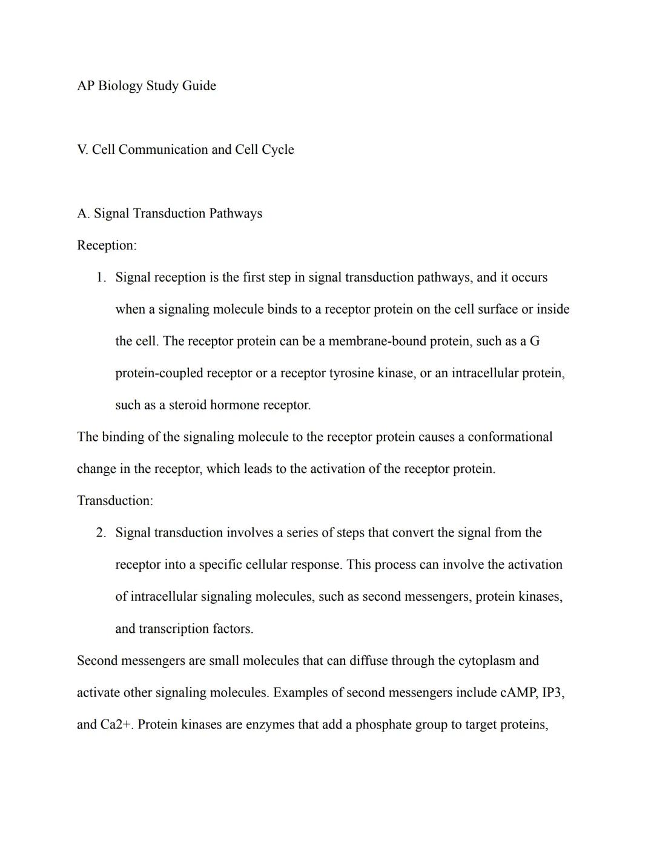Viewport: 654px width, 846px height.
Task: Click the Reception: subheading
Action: coord(107,245)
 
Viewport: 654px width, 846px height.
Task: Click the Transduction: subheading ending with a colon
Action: coord(115,501)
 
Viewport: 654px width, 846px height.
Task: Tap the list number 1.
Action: coord(101,277)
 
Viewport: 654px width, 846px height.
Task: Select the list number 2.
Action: coord(101,533)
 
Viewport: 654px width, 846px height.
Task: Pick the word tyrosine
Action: coord(351,373)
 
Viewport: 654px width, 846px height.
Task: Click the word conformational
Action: coord(510,437)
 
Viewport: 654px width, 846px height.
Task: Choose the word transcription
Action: coord(174,629)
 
